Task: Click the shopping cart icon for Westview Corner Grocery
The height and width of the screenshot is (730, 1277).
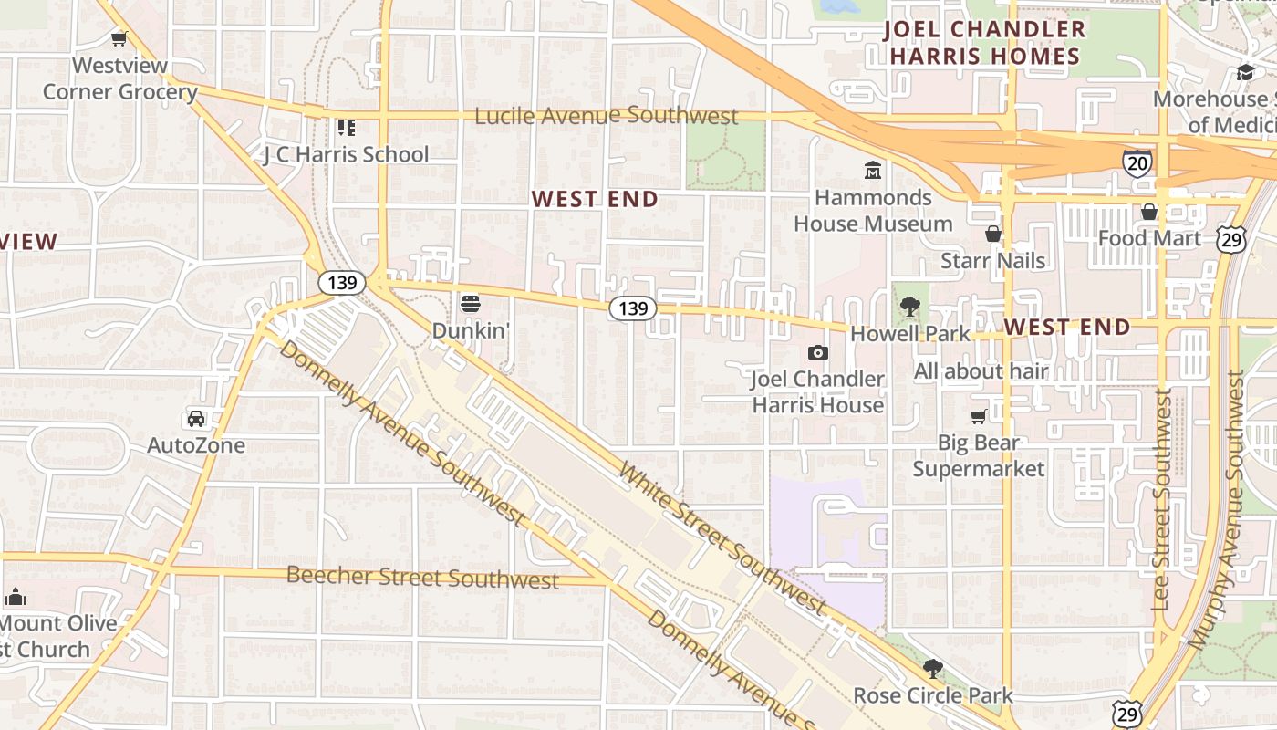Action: click(119, 37)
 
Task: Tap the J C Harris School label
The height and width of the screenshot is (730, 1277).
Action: click(346, 154)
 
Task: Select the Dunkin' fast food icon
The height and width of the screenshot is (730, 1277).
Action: click(470, 302)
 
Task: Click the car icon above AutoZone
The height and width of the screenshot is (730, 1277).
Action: click(196, 419)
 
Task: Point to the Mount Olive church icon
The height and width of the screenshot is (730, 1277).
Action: click(15, 598)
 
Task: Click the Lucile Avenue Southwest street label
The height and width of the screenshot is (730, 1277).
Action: click(606, 116)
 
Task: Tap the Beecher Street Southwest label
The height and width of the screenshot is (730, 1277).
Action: click(422, 577)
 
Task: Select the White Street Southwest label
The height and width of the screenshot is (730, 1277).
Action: click(722, 537)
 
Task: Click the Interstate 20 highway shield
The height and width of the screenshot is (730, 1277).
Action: click(1137, 163)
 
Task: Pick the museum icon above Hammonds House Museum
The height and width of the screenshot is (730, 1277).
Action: click(873, 170)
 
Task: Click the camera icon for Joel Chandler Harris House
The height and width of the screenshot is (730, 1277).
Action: click(818, 352)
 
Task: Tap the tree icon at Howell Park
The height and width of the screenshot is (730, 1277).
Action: click(909, 307)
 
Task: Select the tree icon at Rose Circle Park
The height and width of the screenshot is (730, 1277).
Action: click(932, 669)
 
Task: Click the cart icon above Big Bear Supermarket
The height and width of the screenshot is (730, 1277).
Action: click(979, 417)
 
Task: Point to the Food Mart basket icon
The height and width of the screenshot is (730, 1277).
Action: click(1149, 212)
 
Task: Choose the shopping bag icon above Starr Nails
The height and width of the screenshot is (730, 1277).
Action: click(993, 235)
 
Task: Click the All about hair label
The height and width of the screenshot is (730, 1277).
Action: click(981, 371)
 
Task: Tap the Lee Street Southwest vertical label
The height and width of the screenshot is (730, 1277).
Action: click(1161, 499)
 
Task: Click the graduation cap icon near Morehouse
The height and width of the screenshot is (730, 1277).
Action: click(1246, 72)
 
